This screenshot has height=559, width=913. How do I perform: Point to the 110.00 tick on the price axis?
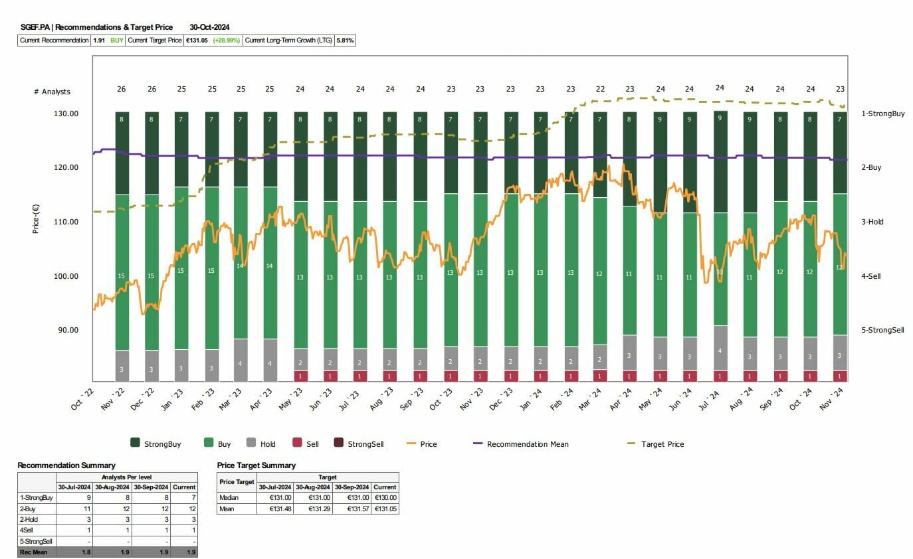point(66,222)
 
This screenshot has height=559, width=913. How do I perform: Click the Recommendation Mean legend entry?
point(528,444)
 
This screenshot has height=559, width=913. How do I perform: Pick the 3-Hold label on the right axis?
point(872,222)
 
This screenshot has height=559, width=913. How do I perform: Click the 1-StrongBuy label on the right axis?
point(882,114)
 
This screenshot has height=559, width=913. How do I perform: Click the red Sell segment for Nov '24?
point(840,376)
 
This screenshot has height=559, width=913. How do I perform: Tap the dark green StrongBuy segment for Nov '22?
point(122,153)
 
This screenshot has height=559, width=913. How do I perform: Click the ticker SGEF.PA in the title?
point(35,27)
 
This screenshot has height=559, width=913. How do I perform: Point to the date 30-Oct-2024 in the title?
point(209,27)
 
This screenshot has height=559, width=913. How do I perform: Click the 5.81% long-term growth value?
point(346,40)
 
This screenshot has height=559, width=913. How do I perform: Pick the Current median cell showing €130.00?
point(385,497)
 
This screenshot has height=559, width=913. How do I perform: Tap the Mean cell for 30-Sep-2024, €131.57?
point(350,509)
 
